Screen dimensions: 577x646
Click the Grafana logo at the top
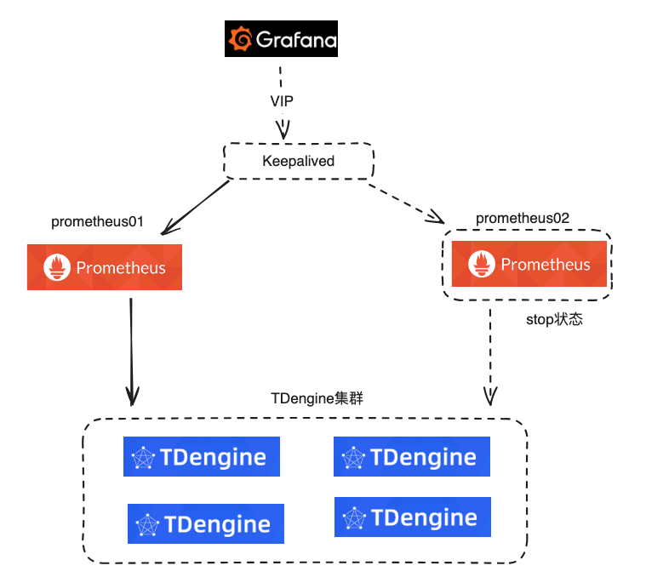pos(281,39)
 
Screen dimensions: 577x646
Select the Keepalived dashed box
pos(298,161)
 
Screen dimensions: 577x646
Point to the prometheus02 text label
pos(522,218)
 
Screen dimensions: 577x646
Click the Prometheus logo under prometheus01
pos(104,267)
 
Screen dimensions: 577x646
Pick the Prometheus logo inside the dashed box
pos(529,264)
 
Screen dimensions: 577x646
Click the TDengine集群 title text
pos(317,397)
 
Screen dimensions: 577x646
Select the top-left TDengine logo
pos(201,458)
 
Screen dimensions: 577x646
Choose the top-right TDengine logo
pos(412,457)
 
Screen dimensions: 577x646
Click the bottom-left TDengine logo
pos(205,523)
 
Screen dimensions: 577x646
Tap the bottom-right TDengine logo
pos(413,517)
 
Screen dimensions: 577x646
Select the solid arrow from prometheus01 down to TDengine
pos(131,349)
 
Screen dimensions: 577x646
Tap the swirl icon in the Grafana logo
pos(241,39)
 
